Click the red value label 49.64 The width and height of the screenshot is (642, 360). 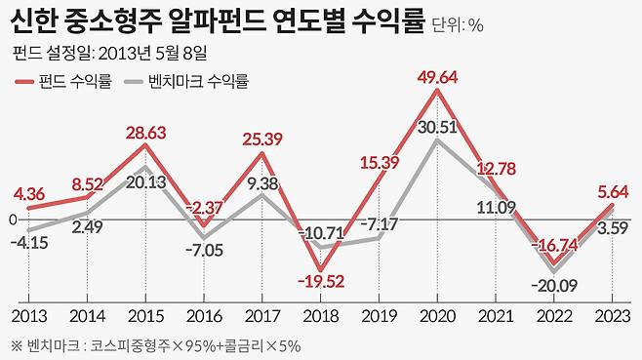437,77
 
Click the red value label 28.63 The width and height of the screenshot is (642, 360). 145,132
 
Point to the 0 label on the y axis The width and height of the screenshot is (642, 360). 14,221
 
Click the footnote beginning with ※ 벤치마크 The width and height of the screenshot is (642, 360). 156,344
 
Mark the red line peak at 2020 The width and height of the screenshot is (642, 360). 437,91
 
